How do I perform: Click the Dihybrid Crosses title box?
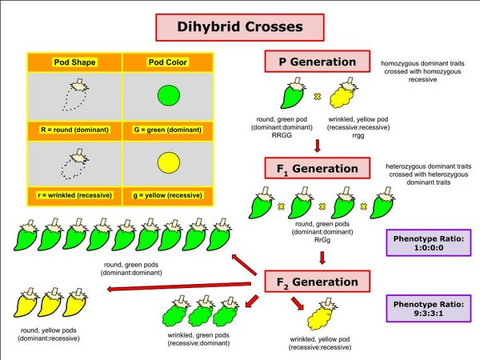click(x=239, y=27)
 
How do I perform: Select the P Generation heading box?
click(x=317, y=62)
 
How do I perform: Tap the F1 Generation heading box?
click(x=318, y=169)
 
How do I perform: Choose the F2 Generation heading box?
click(x=318, y=282)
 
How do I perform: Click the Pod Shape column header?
click(x=74, y=62)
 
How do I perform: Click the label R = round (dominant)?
click(x=74, y=129)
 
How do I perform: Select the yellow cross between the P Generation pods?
click(x=316, y=97)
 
